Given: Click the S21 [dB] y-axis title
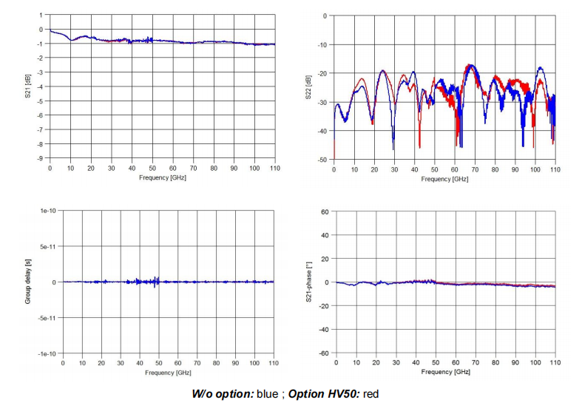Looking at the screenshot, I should click(x=28, y=86).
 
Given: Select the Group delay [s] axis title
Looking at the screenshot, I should click(x=28, y=282).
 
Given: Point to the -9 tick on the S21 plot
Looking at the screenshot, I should click(x=41, y=158).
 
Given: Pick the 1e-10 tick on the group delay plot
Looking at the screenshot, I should click(x=47, y=211).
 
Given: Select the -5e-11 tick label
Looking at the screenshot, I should click(x=47, y=318).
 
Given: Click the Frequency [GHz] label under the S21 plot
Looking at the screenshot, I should click(x=162, y=178).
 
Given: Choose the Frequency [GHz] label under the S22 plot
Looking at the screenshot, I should click(x=445, y=179).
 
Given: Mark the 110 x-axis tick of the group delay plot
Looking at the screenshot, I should click(x=273, y=364).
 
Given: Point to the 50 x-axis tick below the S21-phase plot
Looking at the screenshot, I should click(x=436, y=364).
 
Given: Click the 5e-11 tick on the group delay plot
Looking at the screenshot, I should click(x=48, y=246).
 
